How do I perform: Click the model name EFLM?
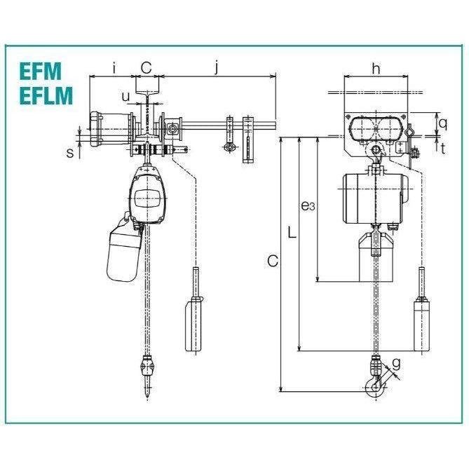[46, 95]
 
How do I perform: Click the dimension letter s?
[70, 151]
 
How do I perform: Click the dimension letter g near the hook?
[397, 363]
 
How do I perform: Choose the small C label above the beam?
[146, 67]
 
